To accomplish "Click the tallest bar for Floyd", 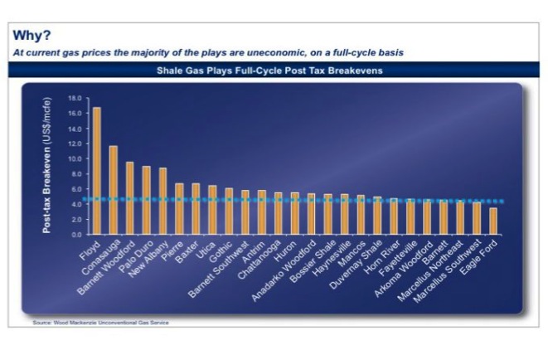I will (x=97, y=171).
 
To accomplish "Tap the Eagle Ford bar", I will (x=493, y=221).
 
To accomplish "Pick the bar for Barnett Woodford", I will (x=129, y=198).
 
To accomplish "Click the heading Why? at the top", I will (x=32, y=36).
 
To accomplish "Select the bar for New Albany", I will (x=162, y=202).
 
